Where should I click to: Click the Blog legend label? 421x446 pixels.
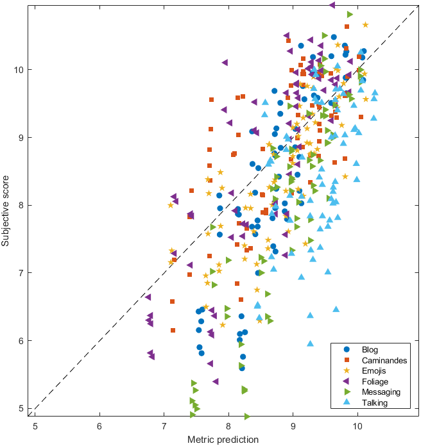click(370, 350)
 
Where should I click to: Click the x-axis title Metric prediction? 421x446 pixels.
click(223, 439)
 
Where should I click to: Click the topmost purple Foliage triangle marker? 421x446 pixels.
click(332, 4)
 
